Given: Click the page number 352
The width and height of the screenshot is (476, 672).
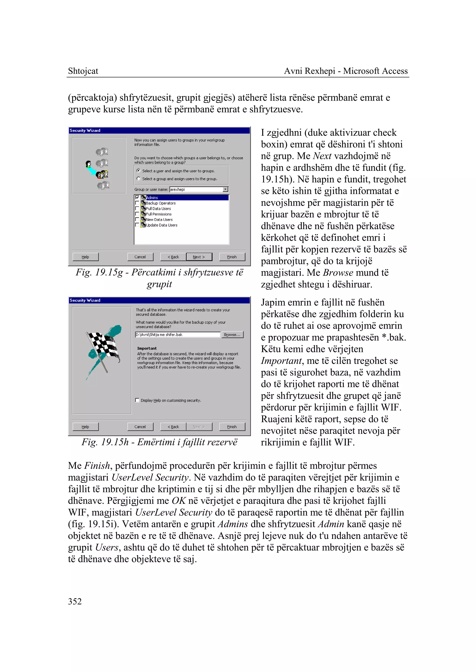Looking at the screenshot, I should click(x=75, y=601).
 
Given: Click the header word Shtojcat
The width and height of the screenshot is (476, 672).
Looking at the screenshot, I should click(x=83, y=71).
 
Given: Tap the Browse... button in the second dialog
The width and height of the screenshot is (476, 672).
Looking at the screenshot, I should click(x=232, y=335).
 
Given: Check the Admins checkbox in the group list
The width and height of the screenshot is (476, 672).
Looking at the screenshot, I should click(x=137, y=198).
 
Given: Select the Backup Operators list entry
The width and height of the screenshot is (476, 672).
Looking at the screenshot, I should click(x=161, y=203).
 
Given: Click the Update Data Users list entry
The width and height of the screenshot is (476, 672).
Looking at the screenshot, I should click(x=162, y=225).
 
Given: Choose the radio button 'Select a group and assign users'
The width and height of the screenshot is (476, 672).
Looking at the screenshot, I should click(x=139, y=179).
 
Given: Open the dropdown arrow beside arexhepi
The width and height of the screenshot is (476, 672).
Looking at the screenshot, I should click(x=225, y=189).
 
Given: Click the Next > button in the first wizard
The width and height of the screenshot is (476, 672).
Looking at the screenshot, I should click(x=199, y=257).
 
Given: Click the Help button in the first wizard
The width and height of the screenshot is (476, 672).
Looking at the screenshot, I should click(x=85, y=257).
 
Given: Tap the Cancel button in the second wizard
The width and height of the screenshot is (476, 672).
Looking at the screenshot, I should click(x=140, y=427).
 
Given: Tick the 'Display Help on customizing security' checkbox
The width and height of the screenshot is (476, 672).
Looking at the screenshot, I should click(x=137, y=400).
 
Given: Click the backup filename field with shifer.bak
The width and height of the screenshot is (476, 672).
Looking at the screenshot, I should click(x=177, y=335).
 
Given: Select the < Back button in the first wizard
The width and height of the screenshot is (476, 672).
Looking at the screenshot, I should click(x=173, y=257).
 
